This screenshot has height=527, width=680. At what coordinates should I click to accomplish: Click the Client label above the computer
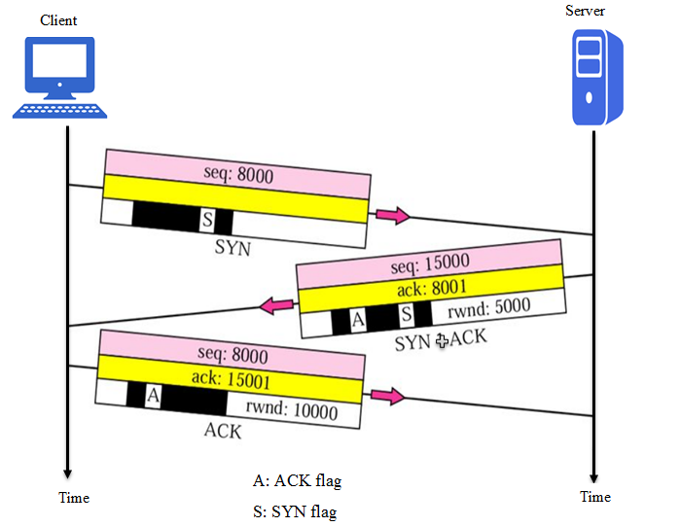(x=58, y=19)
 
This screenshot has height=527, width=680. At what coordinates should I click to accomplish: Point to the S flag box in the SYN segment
(x=207, y=220)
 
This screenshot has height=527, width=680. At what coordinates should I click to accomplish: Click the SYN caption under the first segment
(x=233, y=248)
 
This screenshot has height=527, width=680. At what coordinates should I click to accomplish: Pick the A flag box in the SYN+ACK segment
(x=358, y=317)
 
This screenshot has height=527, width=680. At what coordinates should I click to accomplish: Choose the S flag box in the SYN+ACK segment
(x=407, y=315)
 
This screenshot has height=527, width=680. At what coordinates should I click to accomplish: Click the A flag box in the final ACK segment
(x=153, y=395)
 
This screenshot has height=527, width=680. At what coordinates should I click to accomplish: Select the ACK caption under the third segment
(x=222, y=431)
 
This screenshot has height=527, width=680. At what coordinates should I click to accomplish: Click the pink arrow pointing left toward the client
(x=275, y=307)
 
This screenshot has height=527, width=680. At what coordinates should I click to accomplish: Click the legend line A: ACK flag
(x=297, y=480)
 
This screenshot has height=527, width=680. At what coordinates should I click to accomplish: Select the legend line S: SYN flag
(x=297, y=511)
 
